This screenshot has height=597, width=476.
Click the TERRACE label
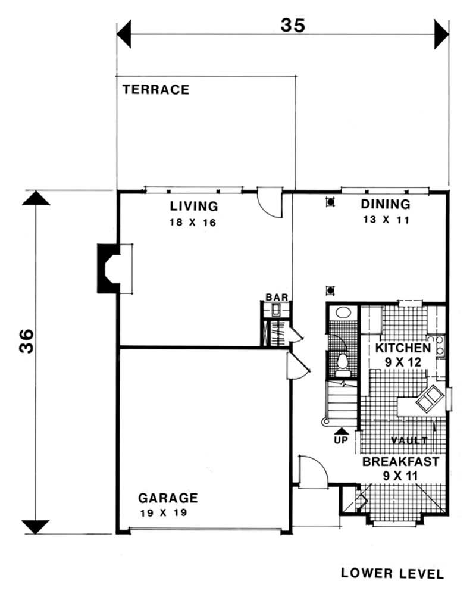tap(156, 90)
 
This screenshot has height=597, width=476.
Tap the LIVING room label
tap(194, 207)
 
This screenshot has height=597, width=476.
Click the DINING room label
tap(386, 205)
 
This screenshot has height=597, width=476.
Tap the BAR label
tap(277, 297)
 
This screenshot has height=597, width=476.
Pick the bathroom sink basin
tap(342, 312)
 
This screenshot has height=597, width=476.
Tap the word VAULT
tap(409, 441)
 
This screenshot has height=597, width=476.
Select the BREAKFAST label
tap(400, 461)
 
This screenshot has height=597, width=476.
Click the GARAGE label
tap(168, 498)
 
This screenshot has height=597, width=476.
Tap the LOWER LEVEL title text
tap(392, 574)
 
